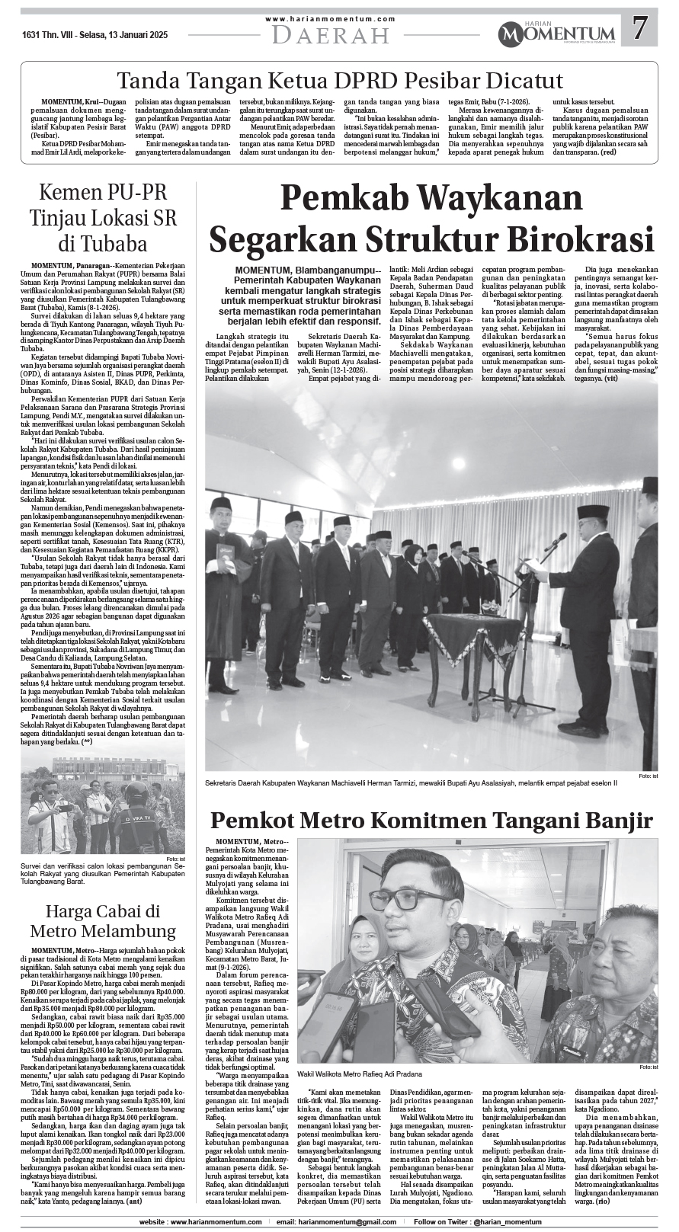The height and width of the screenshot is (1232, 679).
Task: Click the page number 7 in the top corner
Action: [640, 30]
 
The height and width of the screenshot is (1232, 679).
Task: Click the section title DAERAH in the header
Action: [330, 36]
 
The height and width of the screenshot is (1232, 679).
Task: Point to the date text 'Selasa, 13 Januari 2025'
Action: [123, 35]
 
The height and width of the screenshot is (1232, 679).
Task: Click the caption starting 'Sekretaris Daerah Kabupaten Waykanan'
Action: [411, 782]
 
